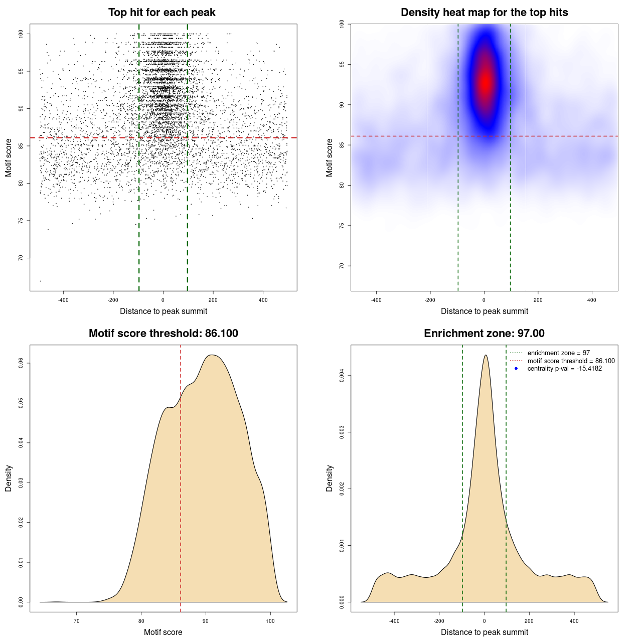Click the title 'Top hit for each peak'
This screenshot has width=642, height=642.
click(162, 13)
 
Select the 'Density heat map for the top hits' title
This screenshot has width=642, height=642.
click(484, 13)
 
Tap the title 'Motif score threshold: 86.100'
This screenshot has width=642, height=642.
click(163, 334)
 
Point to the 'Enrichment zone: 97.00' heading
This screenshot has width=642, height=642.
click(484, 334)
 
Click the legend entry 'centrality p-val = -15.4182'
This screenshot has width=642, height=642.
click(564, 369)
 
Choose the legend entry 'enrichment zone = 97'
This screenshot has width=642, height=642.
click(558, 353)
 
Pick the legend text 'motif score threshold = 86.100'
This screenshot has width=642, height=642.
click(571, 361)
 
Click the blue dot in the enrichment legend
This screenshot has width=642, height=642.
click(516, 369)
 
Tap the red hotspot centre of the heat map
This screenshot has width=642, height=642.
click(485, 83)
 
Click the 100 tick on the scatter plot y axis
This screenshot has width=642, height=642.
click(21, 34)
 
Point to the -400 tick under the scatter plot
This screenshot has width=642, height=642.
click(63, 300)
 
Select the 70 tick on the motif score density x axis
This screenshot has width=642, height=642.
click(77, 621)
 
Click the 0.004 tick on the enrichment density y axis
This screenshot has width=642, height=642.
click(342, 376)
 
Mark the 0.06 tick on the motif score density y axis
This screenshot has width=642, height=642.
click(21, 363)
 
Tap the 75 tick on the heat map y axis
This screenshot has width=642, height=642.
click(342, 226)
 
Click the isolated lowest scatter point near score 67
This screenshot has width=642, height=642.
click(40, 281)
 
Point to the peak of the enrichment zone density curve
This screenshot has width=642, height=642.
click(485, 355)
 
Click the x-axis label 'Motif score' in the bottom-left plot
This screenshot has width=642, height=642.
click(163, 632)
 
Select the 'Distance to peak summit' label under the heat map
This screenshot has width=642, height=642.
click(484, 311)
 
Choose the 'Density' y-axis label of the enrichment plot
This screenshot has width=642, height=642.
click(330, 478)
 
